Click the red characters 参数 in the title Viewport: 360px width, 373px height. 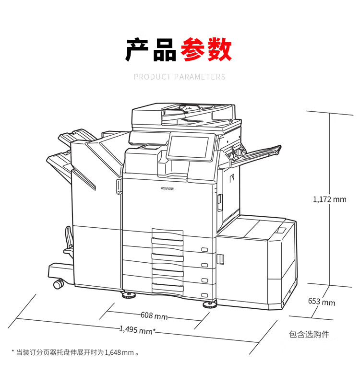[206, 49]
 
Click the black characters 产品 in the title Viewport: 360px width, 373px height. [151, 49]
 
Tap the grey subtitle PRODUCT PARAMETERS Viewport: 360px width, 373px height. [180, 77]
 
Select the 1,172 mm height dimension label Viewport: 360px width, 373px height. [330, 199]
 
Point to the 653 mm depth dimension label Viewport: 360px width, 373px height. [322, 302]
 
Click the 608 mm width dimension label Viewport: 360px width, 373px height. [154, 315]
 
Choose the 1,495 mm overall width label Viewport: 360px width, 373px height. [137, 330]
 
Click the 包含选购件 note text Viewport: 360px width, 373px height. [309, 334]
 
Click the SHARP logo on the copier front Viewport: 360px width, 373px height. [168, 188]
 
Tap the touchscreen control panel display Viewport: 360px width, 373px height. [188, 147]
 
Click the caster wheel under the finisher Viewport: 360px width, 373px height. [59, 284]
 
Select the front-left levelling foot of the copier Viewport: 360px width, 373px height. [129, 295]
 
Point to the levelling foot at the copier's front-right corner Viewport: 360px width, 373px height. [210, 304]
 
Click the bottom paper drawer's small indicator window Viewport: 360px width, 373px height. [204, 295]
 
